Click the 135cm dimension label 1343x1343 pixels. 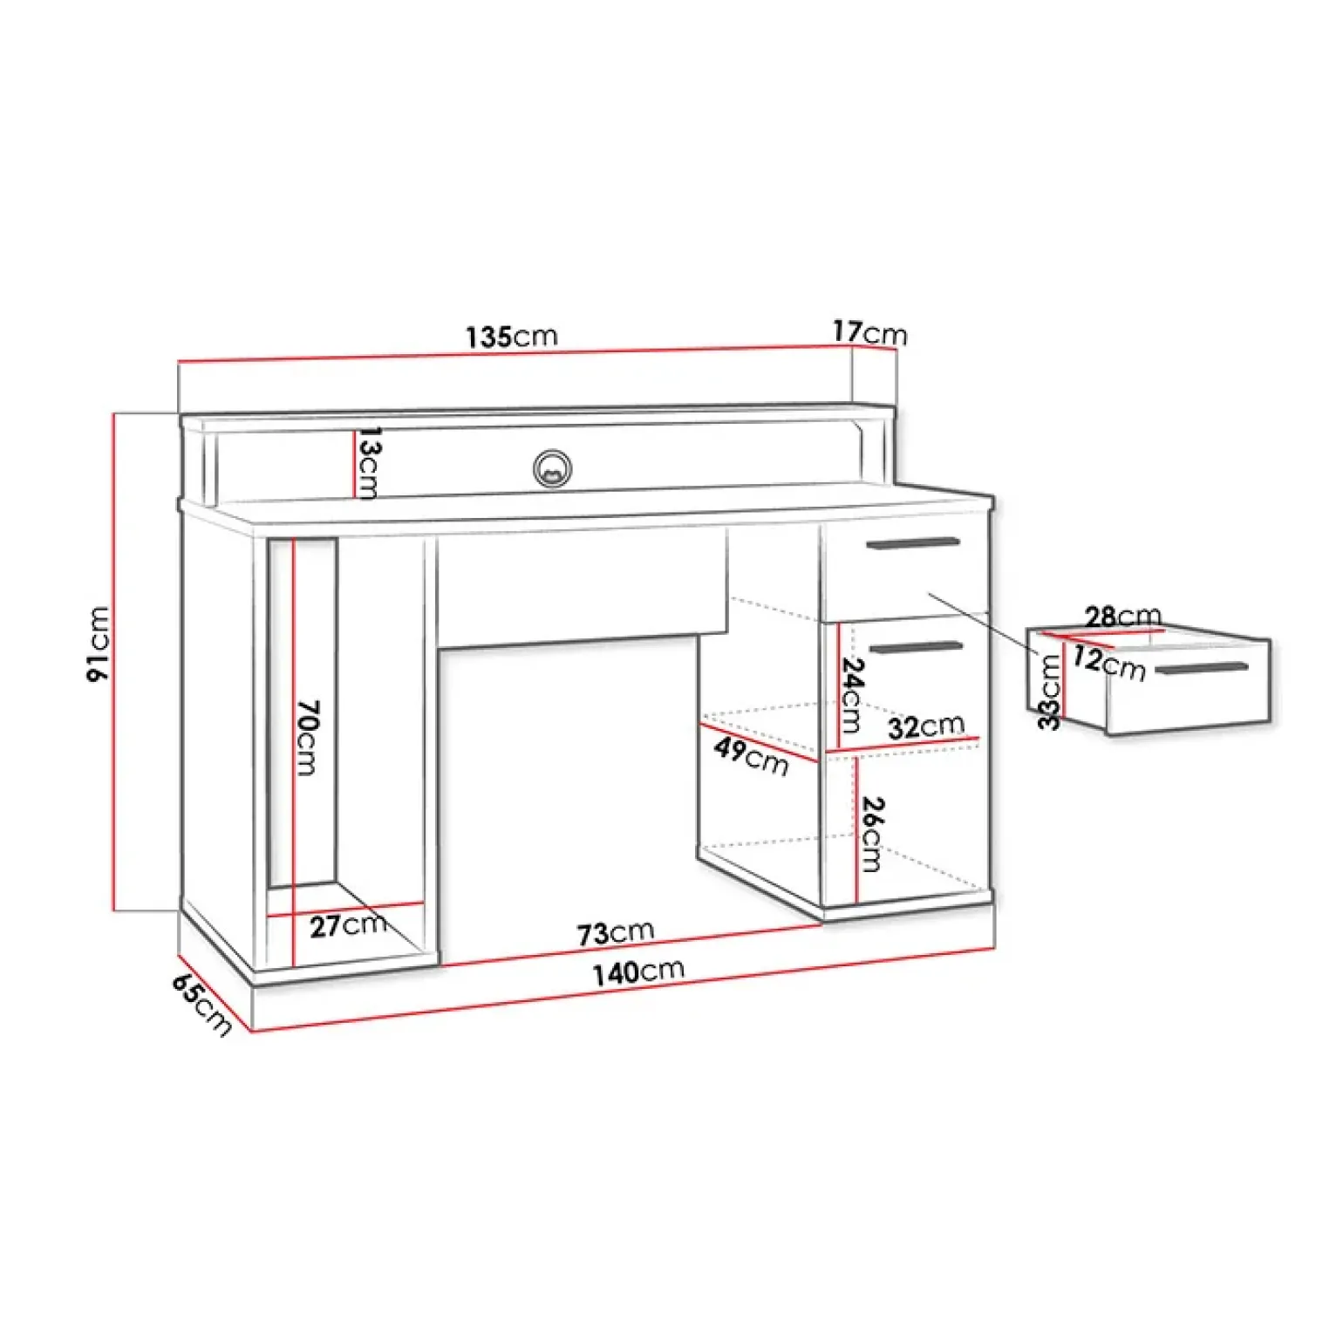(x=511, y=337)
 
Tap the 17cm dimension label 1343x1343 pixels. (x=869, y=333)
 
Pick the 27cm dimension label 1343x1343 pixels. (x=349, y=924)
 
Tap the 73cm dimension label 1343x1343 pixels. (x=615, y=933)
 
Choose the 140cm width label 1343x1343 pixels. (x=638, y=971)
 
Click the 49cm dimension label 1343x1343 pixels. (x=751, y=755)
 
